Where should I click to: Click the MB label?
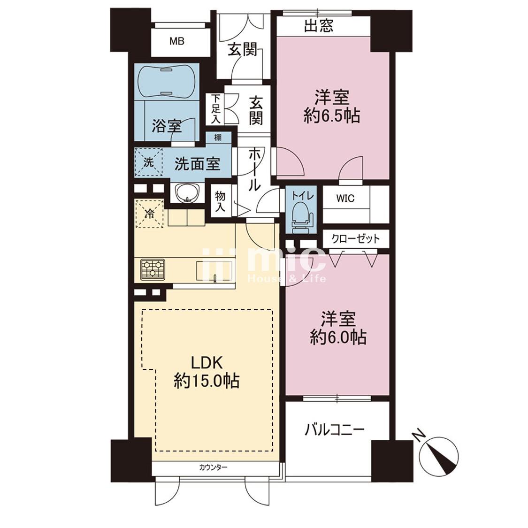click(176, 41)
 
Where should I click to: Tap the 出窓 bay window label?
click(319, 26)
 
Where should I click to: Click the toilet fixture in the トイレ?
click(300, 218)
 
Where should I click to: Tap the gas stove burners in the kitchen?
click(153, 269)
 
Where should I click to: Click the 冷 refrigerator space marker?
click(149, 214)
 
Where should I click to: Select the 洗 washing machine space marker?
click(148, 162)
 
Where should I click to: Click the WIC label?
click(345, 199)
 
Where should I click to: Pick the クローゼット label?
click(356, 239)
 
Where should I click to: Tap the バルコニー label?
click(335, 429)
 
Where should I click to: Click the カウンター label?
click(213, 467)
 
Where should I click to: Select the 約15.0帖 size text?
click(207, 382)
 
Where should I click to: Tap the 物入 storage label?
click(220, 201)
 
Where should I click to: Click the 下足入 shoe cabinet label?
click(215, 108)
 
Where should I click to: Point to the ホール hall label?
click(254, 170)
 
